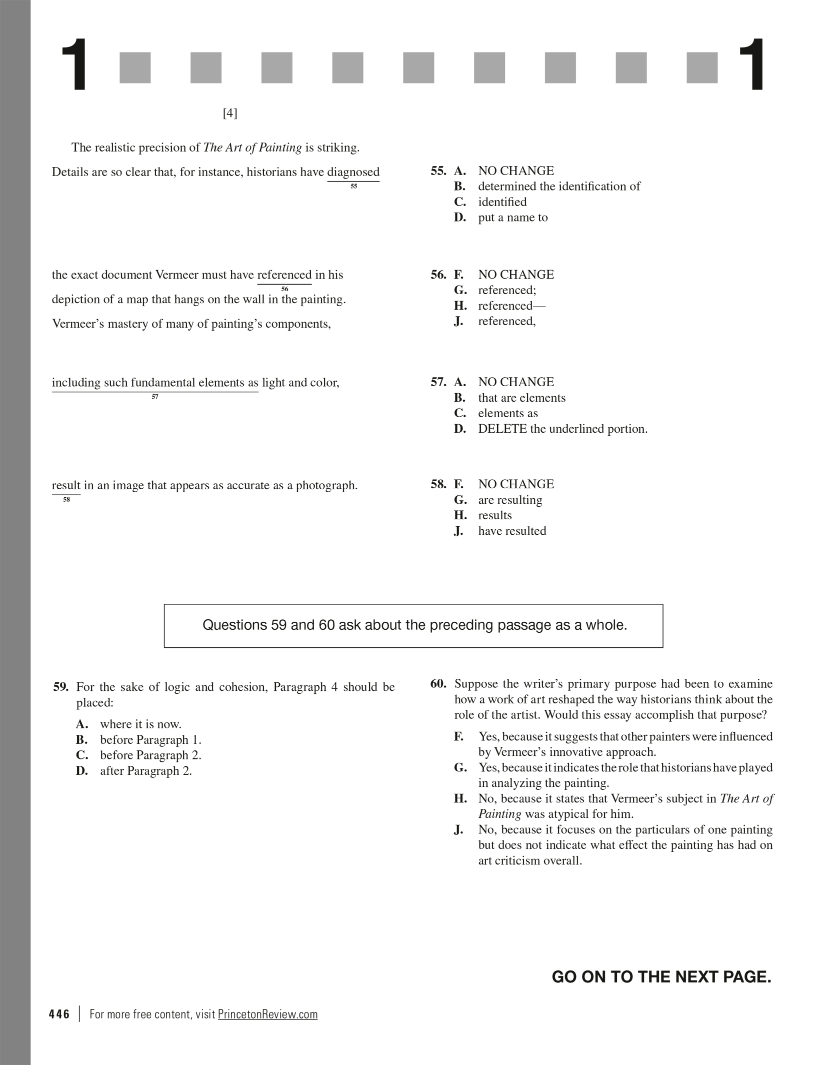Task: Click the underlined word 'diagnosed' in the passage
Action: point(353,172)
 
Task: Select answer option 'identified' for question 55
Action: point(502,202)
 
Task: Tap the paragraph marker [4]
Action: point(230,114)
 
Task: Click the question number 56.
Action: point(438,275)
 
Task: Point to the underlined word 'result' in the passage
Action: point(66,485)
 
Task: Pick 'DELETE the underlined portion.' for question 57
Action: point(562,429)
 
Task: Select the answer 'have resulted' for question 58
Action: point(512,531)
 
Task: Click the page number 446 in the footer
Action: point(59,1014)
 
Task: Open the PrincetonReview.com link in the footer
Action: point(267,1014)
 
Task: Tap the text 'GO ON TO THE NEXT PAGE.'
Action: point(661,976)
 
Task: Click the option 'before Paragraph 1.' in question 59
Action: point(150,740)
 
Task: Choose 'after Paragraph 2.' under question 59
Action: point(146,771)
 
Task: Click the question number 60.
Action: point(438,684)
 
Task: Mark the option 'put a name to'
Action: point(512,218)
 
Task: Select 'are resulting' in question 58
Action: point(510,500)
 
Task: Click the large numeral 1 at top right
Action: point(750,66)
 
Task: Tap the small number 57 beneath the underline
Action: point(155,397)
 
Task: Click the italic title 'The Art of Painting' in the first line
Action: point(252,148)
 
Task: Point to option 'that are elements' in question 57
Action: point(521,398)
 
